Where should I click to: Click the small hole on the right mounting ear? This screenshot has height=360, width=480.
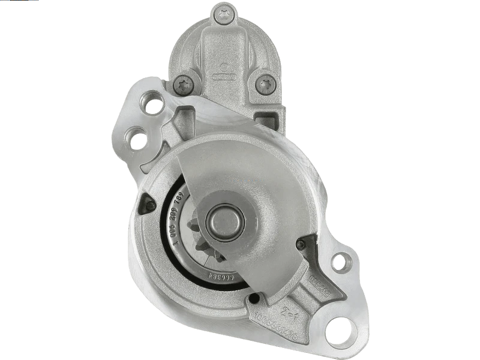[x=340, y=262]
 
